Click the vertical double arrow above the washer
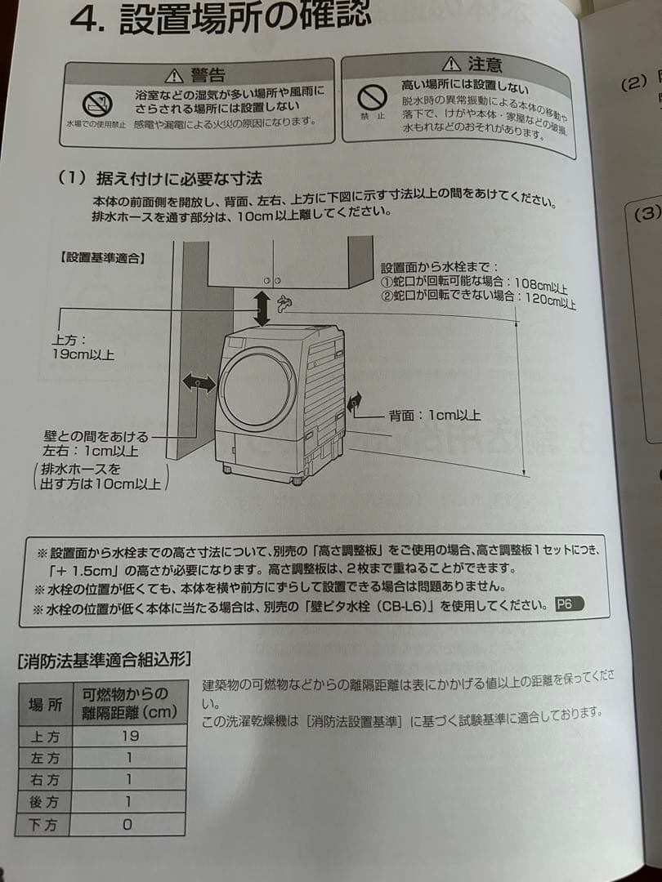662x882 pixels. tap(262, 307)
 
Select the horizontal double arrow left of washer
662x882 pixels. tap(199, 382)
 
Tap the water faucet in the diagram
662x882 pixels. tap(284, 304)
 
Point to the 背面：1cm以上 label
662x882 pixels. tap(434, 416)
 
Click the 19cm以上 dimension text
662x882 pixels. tap(83, 354)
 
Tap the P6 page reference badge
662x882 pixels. tap(566, 605)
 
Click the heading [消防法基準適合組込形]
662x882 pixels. tap(105, 659)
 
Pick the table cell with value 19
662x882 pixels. tap(129, 735)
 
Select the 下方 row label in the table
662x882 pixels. tap(44, 825)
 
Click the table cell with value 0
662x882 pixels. tap(127, 825)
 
